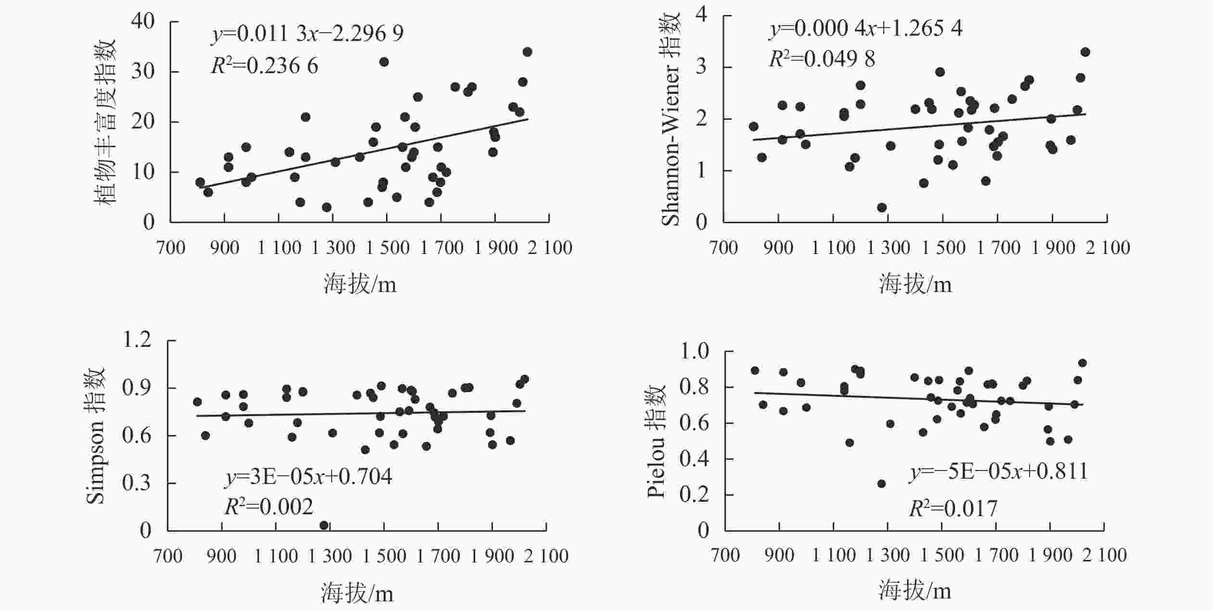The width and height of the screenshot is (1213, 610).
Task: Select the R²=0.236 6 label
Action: (x=264, y=65)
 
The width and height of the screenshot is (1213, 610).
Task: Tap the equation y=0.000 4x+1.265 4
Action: (x=865, y=29)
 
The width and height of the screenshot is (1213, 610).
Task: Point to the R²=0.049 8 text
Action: (x=822, y=59)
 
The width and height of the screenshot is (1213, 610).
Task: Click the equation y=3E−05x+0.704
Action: (x=309, y=476)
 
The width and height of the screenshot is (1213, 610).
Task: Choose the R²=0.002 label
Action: (x=269, y=507)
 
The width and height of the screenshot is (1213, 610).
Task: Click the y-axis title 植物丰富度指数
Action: (x=105, y=123)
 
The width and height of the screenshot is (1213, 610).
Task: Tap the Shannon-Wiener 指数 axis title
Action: (x=671, y=119)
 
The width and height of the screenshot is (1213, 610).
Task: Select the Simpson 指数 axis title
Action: (x=95, y=436)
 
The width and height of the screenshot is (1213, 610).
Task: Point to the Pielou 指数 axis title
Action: (x=657, y=441)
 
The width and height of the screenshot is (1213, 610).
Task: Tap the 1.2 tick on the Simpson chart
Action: (x=137, y=340)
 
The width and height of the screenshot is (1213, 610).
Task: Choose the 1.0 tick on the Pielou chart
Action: (x=694, y=352)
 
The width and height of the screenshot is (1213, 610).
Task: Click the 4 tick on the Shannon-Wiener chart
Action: (x=701, y=15)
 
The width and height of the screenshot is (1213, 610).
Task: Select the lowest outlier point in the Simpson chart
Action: (x=324, y=525)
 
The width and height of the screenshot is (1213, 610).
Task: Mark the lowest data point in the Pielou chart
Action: (x=881, y=484)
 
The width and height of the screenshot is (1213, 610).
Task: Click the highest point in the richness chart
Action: (x=527, y=52)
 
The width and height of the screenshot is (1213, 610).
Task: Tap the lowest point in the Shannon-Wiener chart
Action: (x=882, y=208)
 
